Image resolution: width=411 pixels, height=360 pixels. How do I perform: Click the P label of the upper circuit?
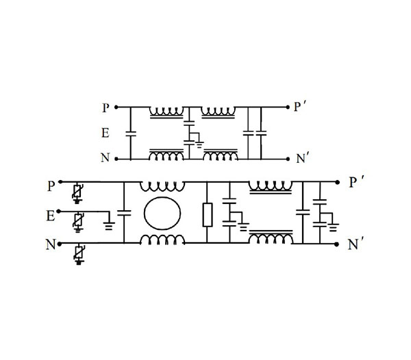click(105, 107)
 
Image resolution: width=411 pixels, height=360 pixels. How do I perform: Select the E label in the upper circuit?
click(105, 133)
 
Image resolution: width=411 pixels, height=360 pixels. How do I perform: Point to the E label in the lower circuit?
click(51, 216)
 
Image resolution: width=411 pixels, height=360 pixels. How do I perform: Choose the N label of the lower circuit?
click(51, 244)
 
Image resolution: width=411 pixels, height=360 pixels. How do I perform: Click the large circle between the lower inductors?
click(162, 213)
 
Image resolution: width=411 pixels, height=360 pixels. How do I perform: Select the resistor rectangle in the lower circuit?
click(208, 215)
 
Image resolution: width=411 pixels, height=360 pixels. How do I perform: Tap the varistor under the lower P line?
click(77, 193)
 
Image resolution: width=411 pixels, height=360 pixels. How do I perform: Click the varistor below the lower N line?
click(78, 255)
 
